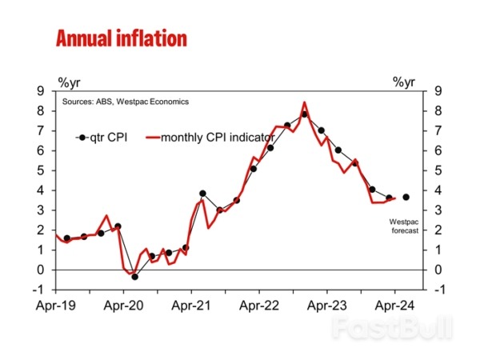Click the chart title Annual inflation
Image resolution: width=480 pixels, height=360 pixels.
click(121, 38)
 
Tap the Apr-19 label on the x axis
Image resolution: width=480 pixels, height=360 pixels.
click(54, 306)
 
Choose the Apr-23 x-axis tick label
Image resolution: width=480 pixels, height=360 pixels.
click(327, 306)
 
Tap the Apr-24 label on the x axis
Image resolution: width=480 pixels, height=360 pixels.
click(395, 306)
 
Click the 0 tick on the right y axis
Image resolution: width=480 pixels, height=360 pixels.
click(438, 270)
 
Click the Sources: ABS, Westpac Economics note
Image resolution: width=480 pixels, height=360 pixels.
click(126, 102)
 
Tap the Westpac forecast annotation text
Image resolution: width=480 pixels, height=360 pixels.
click(404, 226)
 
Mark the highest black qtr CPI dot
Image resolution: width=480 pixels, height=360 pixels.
click(304, 114)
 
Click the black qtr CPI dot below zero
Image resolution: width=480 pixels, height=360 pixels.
click(134, 277)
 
